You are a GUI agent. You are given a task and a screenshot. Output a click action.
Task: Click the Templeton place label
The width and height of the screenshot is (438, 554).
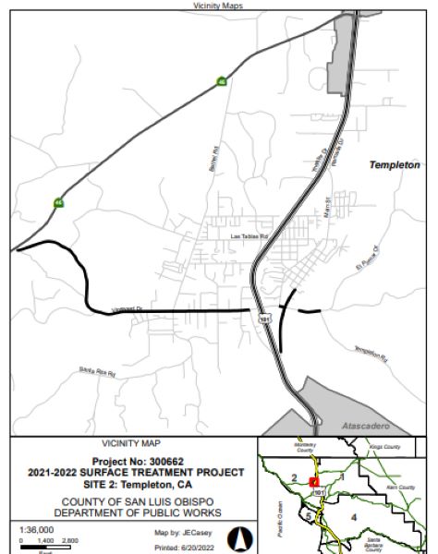point(395,164)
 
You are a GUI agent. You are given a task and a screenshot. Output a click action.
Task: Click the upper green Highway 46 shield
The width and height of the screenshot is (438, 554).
point(222,82)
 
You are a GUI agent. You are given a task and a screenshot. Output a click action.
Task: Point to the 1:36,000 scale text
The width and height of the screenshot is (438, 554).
point(38,529)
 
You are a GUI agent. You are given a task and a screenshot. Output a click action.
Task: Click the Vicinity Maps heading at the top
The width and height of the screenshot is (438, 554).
point(218,6)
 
